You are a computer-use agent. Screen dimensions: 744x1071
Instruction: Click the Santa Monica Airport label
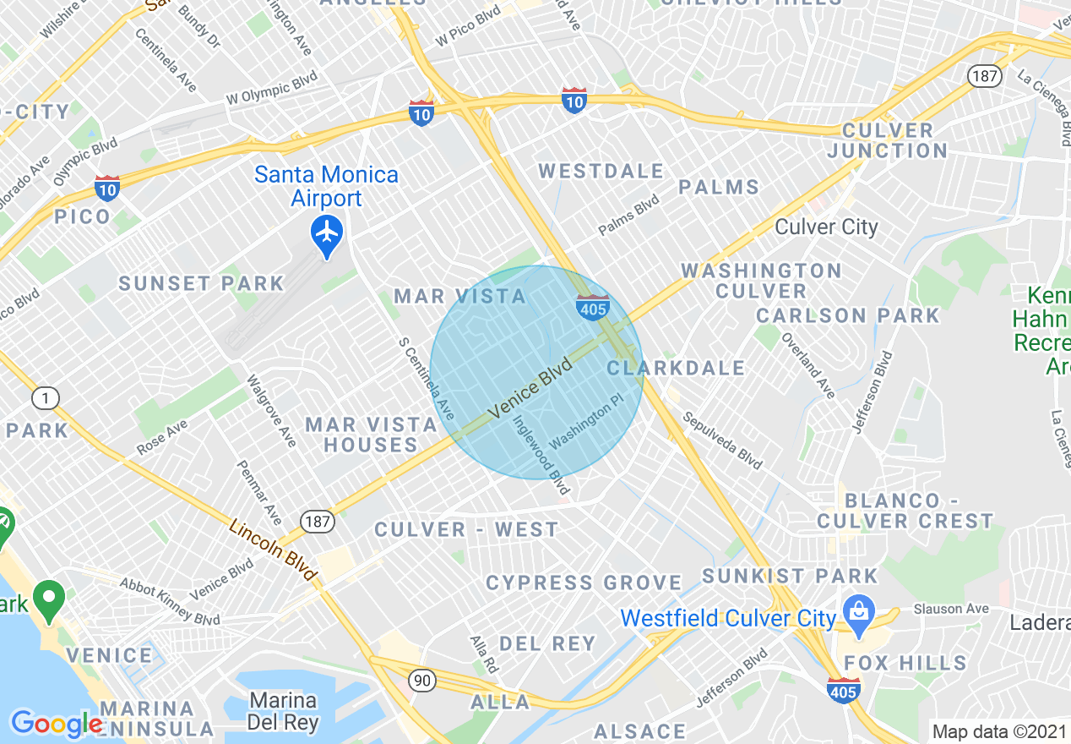click(326, 187)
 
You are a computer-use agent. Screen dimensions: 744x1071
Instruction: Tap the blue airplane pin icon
click(327, 232)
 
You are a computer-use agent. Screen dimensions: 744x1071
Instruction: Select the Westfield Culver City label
click(728, 618)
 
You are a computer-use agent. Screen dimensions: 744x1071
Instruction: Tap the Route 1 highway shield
click(46, 397)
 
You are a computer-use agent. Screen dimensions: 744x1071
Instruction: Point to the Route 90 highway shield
click(421, 679)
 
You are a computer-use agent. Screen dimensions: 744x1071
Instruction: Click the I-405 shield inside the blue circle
click(593, 308)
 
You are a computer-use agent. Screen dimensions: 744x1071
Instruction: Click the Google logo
click(56, 723)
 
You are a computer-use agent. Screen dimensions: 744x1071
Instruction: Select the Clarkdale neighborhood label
click(676, 368)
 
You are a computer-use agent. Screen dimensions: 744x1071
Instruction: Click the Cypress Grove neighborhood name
click(584, 583)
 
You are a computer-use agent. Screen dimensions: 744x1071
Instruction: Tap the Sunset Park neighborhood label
click(201, 283)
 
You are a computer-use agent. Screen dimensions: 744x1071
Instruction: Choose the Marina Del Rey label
click(283, 712)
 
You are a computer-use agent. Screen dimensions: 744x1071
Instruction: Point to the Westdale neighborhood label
click(601, 172)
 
